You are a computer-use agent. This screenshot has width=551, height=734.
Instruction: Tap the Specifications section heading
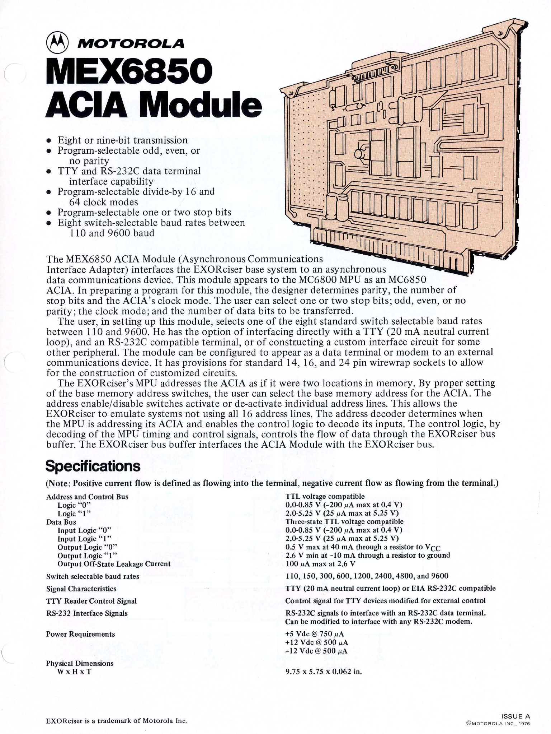coord(93,466)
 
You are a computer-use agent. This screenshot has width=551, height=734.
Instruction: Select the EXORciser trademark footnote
coord(117,720)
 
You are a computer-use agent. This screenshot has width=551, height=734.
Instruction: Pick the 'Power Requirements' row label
coord(81,634)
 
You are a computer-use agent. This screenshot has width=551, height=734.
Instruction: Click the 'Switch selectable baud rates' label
coord(93,576)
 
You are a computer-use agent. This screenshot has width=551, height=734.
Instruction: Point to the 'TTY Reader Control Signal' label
coord(91,601)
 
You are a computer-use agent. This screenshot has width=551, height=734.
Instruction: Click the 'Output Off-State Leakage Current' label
coord(114,564)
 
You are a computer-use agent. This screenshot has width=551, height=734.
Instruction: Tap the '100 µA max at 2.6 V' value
coord(320,564)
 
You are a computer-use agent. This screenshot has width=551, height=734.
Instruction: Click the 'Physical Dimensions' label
coord(80,663)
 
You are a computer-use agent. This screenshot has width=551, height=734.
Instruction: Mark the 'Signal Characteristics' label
coord(81,589)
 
